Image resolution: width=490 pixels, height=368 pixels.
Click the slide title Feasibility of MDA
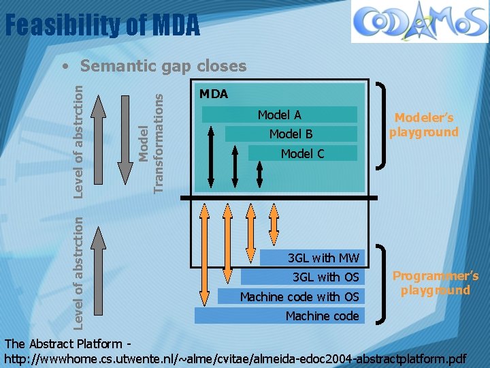[102, 26]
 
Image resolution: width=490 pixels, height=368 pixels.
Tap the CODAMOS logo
[419, 22]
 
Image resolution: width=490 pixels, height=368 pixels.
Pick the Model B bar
[291, 134]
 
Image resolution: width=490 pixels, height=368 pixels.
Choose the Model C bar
[302, 153]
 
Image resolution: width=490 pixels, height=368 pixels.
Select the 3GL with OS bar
[304, 277]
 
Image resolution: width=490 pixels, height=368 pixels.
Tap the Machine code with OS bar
[292, 296]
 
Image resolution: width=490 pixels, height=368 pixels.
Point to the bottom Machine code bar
[280, 316]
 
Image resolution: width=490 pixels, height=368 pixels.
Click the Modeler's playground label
[424, 125]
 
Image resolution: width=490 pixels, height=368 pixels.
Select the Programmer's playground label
[436, 283]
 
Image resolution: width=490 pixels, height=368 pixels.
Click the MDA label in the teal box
[214, 93]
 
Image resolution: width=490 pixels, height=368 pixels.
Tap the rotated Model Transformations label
[151, 142]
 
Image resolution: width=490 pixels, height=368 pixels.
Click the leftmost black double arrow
[211, 155]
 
